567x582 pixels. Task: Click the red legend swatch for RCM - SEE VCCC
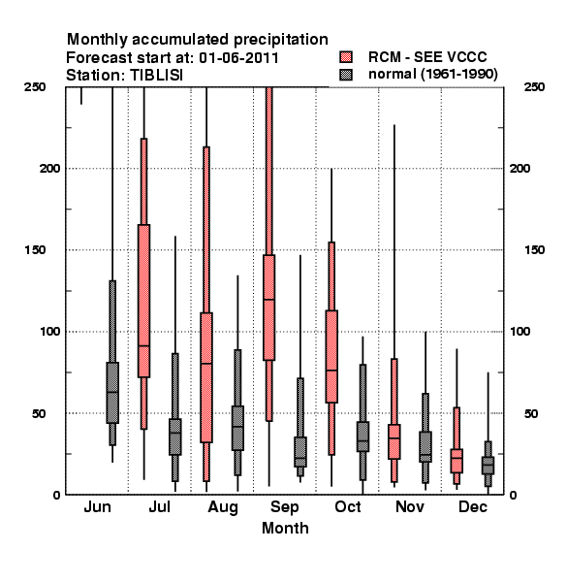[346, 57]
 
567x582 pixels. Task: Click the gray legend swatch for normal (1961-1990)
[346, 75]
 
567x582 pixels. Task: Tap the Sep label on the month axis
[284, 507]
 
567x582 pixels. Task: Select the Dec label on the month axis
[472, 506]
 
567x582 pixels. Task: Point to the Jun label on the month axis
[97, 506]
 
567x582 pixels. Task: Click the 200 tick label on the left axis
[49, 169]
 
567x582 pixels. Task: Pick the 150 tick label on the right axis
[534, 250]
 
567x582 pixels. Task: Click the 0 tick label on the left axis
[56, 495]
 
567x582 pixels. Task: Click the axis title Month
[285, 529]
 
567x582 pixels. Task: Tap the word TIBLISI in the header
[156, 76]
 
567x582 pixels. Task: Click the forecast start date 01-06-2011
[238, 58]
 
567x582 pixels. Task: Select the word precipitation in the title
[281, 40]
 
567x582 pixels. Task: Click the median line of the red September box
[269, 299]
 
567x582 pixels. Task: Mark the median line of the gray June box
[112, 392]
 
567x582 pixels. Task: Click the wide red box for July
[143, 301]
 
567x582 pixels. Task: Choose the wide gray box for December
[488, 466]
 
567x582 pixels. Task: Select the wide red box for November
[394, 441]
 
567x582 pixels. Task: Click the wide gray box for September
[300, 452]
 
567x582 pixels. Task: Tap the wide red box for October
[331, 356]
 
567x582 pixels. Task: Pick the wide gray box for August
[237, 429]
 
